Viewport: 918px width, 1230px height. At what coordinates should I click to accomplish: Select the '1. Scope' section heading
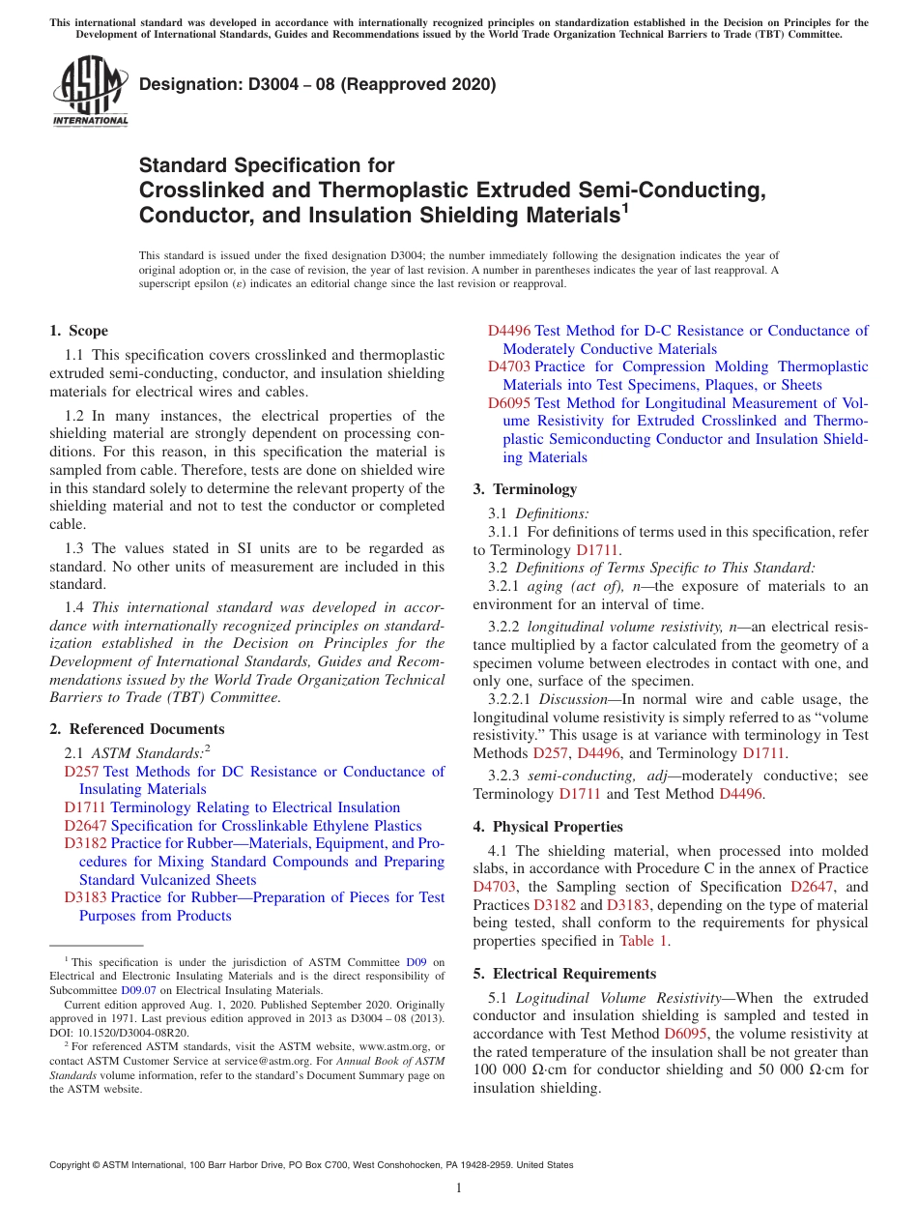point(79,331)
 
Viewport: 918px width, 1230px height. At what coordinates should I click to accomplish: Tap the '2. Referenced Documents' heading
point(137,729)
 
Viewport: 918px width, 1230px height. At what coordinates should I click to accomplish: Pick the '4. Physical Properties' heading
point(548,827)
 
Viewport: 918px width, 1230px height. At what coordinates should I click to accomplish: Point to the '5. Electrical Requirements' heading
point(564,974)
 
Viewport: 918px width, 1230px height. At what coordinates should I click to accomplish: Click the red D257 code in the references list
point(81,772)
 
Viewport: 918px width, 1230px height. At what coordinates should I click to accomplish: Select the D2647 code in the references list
point(85,826)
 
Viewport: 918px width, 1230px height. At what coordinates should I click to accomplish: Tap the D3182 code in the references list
point(85,843)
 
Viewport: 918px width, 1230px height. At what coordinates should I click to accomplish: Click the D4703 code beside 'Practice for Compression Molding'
point(508,366)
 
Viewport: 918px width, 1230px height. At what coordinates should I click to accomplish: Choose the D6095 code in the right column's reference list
point(508,403)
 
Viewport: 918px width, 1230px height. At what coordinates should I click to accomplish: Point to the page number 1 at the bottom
point(459,1188)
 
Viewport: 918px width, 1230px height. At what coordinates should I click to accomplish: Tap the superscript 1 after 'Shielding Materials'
point(625,207)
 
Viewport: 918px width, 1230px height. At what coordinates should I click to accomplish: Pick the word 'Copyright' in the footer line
point(72,1165)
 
